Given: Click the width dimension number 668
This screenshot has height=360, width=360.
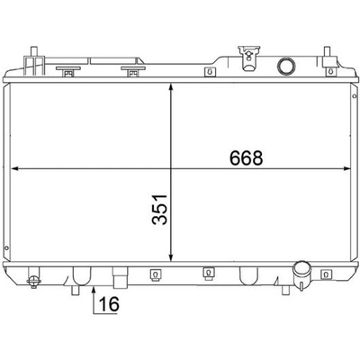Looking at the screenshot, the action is tap(246, 157).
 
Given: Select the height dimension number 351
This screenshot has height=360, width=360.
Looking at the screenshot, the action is tap(159, 210).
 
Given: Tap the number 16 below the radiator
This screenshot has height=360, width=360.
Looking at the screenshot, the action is tap(109, 304).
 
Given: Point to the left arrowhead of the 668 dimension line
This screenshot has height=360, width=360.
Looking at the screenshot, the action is tap(15, 169).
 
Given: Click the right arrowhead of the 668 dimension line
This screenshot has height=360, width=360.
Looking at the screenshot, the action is tap(346, 169).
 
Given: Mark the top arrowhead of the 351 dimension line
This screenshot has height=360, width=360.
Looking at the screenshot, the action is tap(171, 88).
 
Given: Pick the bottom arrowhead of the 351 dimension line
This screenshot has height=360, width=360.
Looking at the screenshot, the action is tap(171, 256).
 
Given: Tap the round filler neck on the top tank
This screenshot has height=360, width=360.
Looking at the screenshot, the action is tap(286, 66).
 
